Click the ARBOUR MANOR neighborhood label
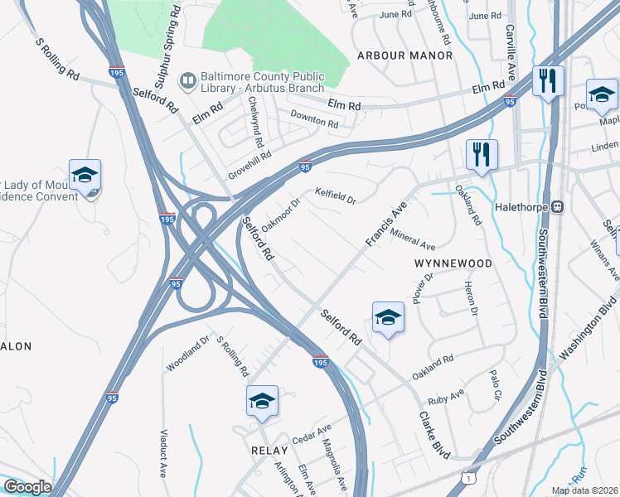[404, 55]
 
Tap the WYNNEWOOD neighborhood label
[453, 263]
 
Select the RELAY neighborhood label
[269, 450]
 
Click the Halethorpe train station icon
[559, 206]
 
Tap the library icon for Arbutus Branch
[188, 80]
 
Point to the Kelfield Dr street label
[335, 196]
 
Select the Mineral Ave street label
[412, 239]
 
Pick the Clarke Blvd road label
[434, 435]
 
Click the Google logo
[27, 487]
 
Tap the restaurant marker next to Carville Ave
[548, 82]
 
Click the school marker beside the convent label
[85, 176]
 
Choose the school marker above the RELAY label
[262, 403]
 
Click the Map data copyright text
[584, 490]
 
